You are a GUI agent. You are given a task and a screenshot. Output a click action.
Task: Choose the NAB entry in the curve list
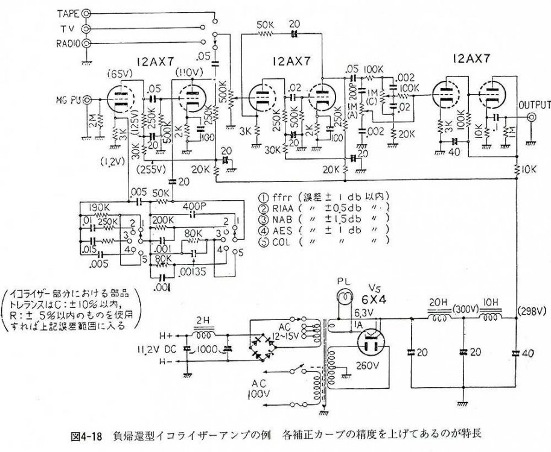click(x=285, y=221)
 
